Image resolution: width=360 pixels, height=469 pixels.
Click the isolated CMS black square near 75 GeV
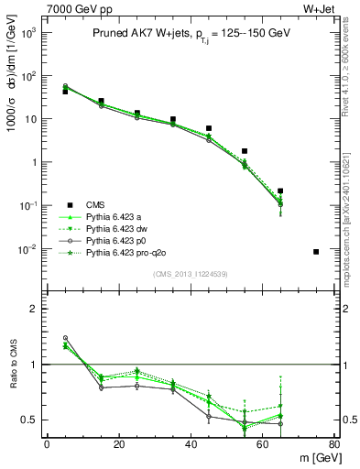coord(316,251)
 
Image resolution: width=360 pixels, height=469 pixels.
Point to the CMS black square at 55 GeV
coord(245,151)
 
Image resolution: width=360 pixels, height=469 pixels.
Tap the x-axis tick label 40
coord(191,444)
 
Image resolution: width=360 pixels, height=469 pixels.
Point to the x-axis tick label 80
coord(333,444)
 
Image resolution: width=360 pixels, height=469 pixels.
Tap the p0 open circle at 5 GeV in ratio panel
coord(65,338)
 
